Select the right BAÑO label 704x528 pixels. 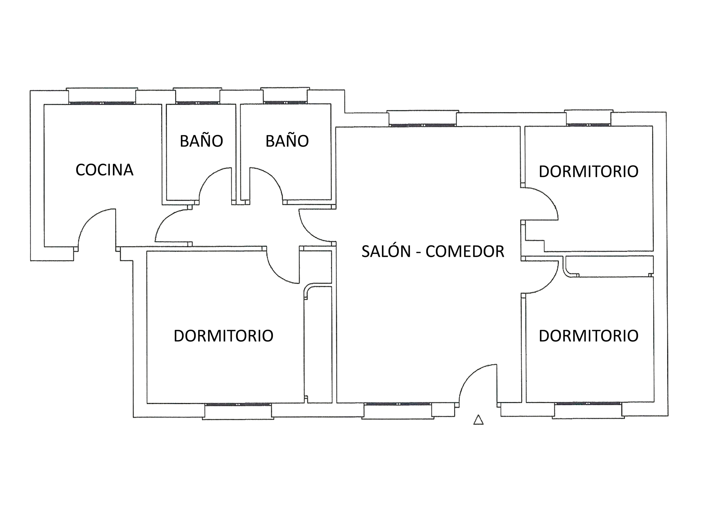(x=287, y=141)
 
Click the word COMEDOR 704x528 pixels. (x=465, y=251)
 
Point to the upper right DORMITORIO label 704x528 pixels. (x=588, y=172)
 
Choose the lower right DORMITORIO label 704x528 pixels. (x=588, y=336)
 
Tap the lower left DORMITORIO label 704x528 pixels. (x=223, y=336)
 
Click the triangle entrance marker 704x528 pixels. (x=478, y=420)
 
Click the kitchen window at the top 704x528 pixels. (x=102, y=103)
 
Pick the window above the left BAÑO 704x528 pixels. (x=197, y=103)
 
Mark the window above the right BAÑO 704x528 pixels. (x=285, y=103)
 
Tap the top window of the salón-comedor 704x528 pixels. (x=423, y=125)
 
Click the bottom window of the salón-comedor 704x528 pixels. (x=398, y=404)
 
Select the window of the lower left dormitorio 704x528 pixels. (x=238, y=404)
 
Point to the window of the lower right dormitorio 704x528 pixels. (x=588, y=403)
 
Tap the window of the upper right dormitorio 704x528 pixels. (x=588, y=125)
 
